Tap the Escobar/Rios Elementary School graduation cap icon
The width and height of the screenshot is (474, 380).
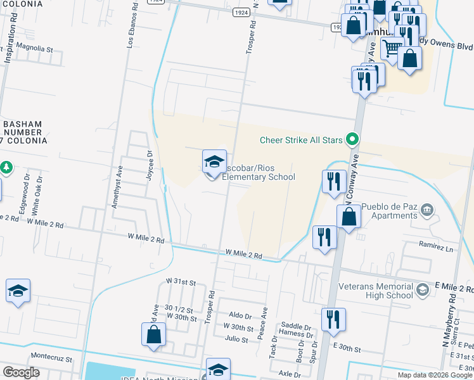click(214, 161)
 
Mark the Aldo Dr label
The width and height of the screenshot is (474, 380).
click(240, 315)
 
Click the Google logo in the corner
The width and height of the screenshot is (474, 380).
click(21, 372)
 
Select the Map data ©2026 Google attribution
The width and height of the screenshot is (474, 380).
click(434, 375)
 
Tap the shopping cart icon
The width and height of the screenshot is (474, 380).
click(392, 46)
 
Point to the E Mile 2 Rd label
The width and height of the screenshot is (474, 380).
click(453, 287)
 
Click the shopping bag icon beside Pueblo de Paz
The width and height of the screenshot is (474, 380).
click(349, 217)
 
